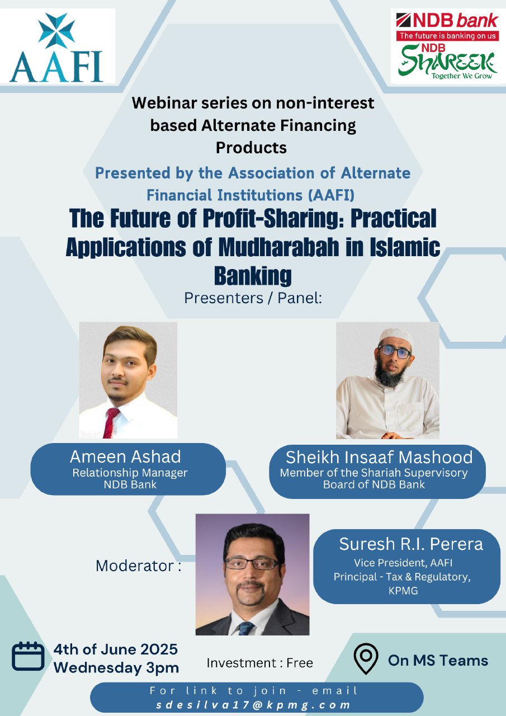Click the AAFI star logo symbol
56,31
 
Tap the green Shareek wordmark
447,62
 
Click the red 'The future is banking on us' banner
447,36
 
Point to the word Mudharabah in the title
278,247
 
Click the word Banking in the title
253,276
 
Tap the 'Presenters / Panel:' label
253,298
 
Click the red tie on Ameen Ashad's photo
111,422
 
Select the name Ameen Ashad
125,456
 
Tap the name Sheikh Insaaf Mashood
379,457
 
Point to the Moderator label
138,566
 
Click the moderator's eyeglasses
252,563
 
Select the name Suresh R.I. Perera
411,544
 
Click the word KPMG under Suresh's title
403,590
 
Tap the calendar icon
28,656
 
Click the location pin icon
366,659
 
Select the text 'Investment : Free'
259,663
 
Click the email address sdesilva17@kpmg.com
253,705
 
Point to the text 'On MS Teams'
438,661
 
